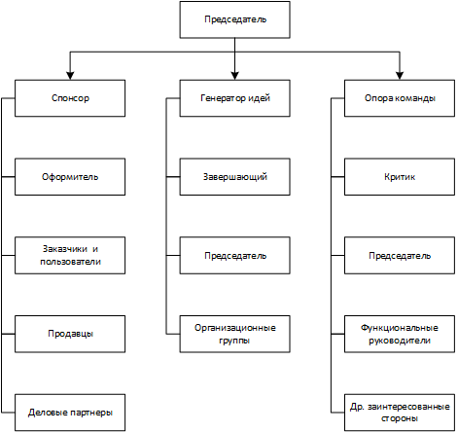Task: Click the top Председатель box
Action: pos(234,19)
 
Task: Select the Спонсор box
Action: pos(70,98)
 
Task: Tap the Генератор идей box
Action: pos(234,98)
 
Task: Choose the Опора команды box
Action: pos(400,98)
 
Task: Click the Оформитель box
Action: pos(70,177)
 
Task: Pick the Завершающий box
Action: pos(234,177)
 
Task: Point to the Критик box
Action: pos(400,177)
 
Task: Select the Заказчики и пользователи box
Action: pos(70,256)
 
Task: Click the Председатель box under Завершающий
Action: pos(234,256)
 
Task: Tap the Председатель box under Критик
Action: pos(400,256)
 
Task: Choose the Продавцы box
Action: pos(70,334)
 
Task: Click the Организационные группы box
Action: pos(234,334)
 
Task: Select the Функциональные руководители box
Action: pos(400,334)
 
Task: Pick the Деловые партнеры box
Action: pos(70,413)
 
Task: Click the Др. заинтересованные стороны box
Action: pos(400,413)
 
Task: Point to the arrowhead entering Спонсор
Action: pos(70,76)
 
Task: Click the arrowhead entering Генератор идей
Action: pos(234,76)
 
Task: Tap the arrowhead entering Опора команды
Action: pos(400,76)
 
